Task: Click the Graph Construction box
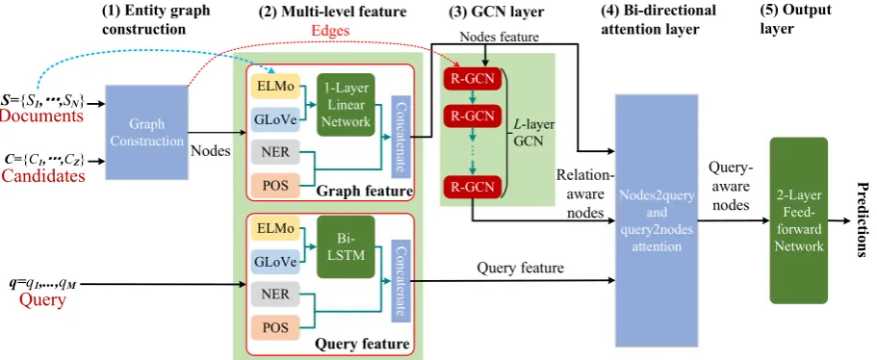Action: pyautogui.click(x=146, y=133)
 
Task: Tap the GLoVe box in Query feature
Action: pyautogui.click(x=275, y=262)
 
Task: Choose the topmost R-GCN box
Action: pyautogui.click(x=472, y=79)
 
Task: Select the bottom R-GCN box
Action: pyautogui.click(x=472, y=187)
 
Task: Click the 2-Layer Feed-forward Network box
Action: pyautogui.click(x=798, y=220)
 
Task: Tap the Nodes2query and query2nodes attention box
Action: pyautogui.click(x=657, y=220)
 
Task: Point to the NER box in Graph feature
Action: pyautogui.click(x=275, y=151)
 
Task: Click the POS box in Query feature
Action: pyautogui.click(x=275, y=328)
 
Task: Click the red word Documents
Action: pyautogui.click(x=42, y=116)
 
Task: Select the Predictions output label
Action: pyautogui.click(x=863, y=219)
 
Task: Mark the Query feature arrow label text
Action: pyautogui.click(x=520, y=268)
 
